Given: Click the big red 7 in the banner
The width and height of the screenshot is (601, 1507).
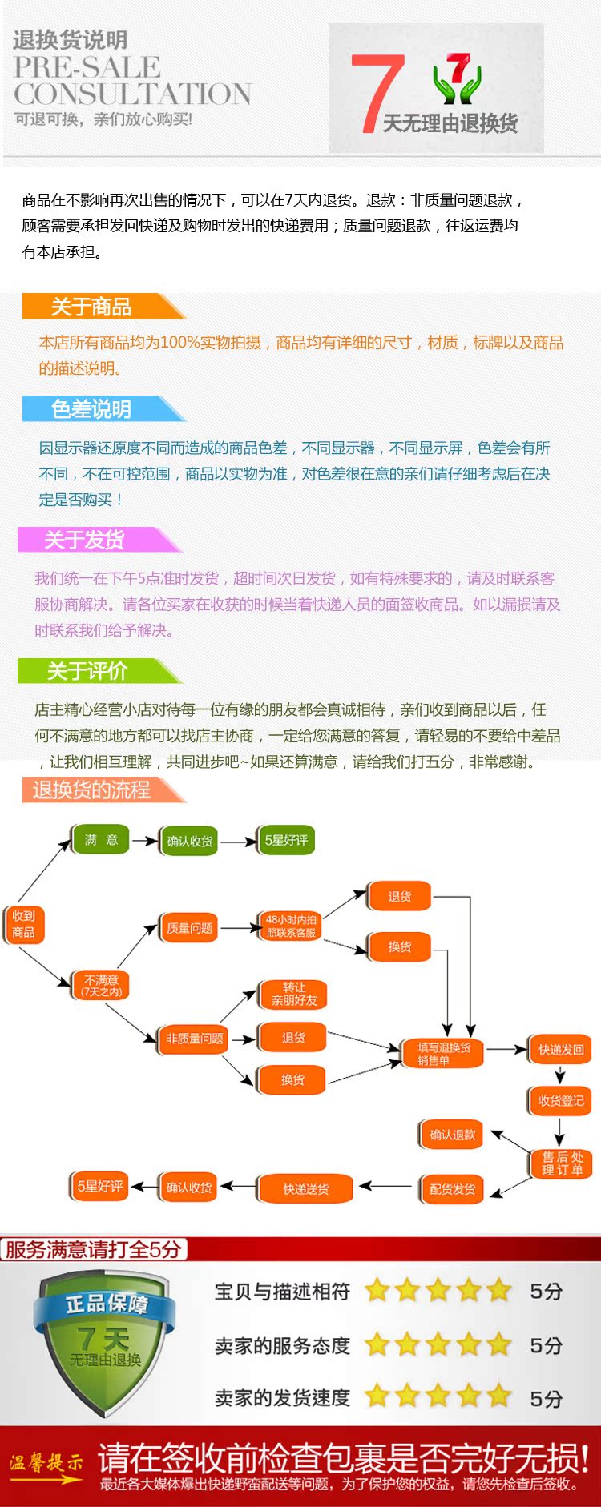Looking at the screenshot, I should click(x=376, y=92).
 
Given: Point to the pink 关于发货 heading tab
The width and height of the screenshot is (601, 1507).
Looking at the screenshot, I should click(x=84, y=540).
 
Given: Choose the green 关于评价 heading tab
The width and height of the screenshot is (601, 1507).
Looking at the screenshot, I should click(x=87, y=671).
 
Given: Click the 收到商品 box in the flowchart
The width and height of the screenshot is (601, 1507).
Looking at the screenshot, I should click(x=23, y=924).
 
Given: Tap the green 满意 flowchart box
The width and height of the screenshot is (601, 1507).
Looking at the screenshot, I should click(x=101, y=840).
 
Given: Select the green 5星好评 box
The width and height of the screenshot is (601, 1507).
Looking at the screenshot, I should click(x=286, y=840).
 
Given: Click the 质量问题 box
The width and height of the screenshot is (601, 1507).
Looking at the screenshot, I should click(x=189, y=928).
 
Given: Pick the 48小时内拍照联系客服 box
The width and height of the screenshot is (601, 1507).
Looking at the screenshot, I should click(x=291, y=926).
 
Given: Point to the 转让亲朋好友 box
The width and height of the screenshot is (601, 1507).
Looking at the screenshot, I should click(x=293, y=994).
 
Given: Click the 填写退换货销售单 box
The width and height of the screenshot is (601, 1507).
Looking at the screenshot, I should click(x=443, y=1054).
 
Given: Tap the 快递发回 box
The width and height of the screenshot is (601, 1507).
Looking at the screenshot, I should click(x=561, y=1050).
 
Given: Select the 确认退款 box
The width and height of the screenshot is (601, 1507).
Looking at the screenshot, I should click(x=452, y=1135).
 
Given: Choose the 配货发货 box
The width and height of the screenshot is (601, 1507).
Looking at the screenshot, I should click(x=452, y=1189).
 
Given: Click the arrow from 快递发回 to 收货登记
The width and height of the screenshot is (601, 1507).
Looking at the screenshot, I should click(x=560, y=1075).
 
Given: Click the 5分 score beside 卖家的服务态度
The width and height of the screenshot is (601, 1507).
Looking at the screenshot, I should click(x=546, y=1346).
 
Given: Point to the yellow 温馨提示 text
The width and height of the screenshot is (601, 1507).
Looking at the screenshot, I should click(x=46, y=1462).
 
